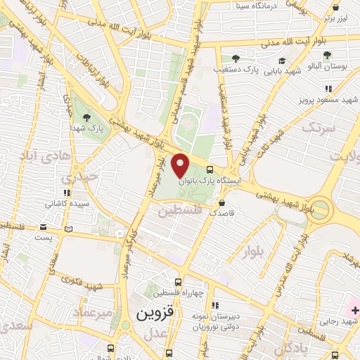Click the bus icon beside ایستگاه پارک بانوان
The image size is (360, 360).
pos(210,169)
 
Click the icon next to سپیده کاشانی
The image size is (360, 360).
pos(66,193)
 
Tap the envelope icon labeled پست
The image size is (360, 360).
pos(44,228)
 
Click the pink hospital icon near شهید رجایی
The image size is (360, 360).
pos(354,310)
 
